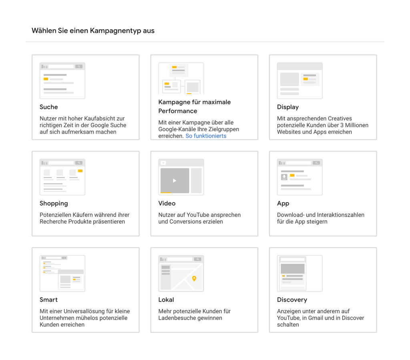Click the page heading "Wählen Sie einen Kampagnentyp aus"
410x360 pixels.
93,31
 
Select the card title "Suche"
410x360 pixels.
49,107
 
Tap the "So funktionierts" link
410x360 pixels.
206,136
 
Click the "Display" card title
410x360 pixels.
288,107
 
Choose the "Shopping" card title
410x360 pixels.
54,203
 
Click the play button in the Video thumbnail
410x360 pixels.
175,181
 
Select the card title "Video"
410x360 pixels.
167,203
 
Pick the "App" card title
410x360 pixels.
283,203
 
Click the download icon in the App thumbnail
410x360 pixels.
284,177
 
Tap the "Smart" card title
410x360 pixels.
48,300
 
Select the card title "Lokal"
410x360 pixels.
166,300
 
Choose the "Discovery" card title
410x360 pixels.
292,300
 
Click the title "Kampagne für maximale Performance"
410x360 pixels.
195,107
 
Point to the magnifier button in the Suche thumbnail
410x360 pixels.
79,66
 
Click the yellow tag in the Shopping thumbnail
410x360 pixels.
80,171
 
